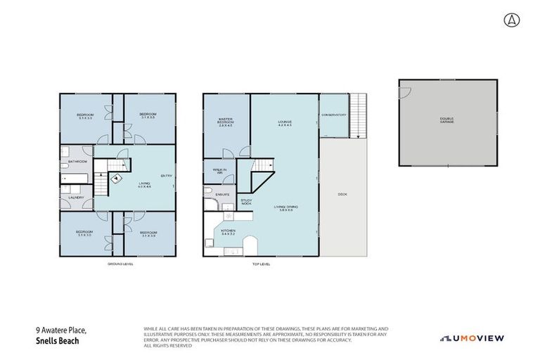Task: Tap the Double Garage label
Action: [447, 120]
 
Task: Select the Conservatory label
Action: [333, 115]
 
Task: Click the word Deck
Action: [342, 194]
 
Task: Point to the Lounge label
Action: [284, 123]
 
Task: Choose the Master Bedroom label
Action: [226, 122]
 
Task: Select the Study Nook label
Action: [246, 202]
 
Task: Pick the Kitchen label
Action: [229, 230]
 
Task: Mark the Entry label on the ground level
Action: [166, 175]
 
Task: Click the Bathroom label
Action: [77, 162]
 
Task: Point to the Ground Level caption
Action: [120, 264]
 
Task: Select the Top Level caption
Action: [261, 264]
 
